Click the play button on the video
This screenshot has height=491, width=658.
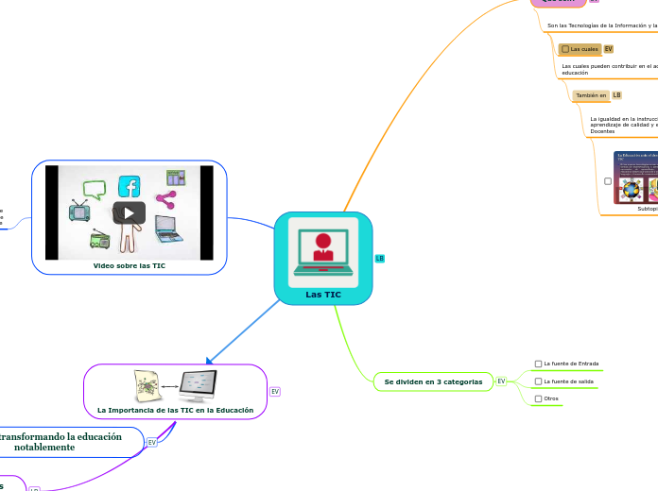point(129,212)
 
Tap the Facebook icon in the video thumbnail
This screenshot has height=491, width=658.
point(130,186)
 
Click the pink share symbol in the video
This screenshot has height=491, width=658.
point(165,199)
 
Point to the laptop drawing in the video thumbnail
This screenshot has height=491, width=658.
point(167,227)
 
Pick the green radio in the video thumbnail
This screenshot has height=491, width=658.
point(100,239)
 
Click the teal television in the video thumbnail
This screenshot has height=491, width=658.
point(79,210)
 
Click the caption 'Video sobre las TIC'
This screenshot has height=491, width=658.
point(129,266)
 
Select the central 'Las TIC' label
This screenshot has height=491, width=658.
point(323,295)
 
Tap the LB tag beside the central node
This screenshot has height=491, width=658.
point(380,258)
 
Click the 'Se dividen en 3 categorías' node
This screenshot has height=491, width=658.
point(433,381)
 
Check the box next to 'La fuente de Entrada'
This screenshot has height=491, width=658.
point(539,364)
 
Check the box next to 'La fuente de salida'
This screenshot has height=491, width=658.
point(539,381)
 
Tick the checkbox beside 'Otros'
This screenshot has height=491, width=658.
point(539,399)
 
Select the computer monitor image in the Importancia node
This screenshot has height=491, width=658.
point(199,386)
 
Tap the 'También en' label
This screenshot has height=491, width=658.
point(590,95)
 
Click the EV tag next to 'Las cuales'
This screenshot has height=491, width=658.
point(609,48)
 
